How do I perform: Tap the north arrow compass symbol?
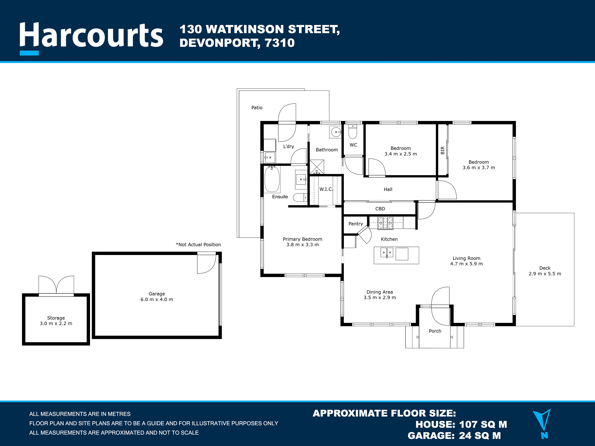point(542,424)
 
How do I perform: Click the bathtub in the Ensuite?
point(272,179)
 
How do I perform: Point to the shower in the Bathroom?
point(317,167)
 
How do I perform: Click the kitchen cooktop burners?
point(385,223)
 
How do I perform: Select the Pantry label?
point(356,224)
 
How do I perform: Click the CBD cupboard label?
point(380,209)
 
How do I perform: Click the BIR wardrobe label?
point(442,150)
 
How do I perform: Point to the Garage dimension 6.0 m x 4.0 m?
point(157,299)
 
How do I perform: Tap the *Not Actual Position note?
point(198,245)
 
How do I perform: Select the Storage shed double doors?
point(56,285)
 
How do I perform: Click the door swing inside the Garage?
point(206,264)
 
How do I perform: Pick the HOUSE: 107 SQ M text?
point(461,425)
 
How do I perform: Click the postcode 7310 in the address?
point(280,43)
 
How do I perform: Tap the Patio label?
point(257,108)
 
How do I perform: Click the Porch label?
point(435,331)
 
